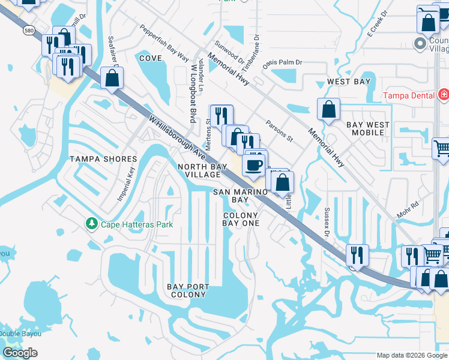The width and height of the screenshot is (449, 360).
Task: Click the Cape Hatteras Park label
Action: pyautogui.click(x=136, y=224)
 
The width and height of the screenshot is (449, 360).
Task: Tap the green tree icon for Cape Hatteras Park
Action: pyautogui.click(x=91, y=224)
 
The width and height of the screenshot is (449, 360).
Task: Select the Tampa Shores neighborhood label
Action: pyautogui.click(x=103, y=159)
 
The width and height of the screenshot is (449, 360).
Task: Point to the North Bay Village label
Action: pyautogui.click(x=202, y=170)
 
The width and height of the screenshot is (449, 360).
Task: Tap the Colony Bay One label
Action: pyautogui.click(x=241, y=219)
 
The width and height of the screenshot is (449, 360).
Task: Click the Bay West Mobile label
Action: pyautogui.click(x=367, y=129)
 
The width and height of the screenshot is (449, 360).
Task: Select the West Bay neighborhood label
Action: pyautogui.click(x=348, y=81)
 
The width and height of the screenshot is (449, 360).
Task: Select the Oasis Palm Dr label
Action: pyautogui.click(x=286, y=62)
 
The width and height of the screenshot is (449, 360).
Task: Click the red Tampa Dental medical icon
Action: pyautogui.click(x=443, y=95)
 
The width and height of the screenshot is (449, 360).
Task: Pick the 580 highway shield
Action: pyautogui.click(x=28, y=29)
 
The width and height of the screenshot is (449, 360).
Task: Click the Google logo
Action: pyautogui.click(x=20, y=353)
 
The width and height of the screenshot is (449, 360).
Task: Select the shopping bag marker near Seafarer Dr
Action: pyautogui.click(x=112, y=78)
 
